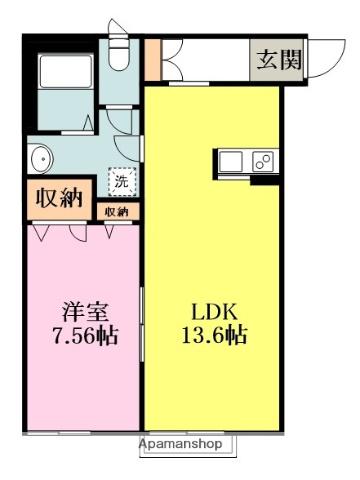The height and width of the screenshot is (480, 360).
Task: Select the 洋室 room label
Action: [x=82, y=309]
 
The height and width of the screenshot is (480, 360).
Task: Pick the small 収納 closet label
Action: [x=116, y=212]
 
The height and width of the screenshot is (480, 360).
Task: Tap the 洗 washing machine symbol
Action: [x=120, y=182]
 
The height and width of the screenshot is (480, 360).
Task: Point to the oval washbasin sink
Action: [x=42, y=160]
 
